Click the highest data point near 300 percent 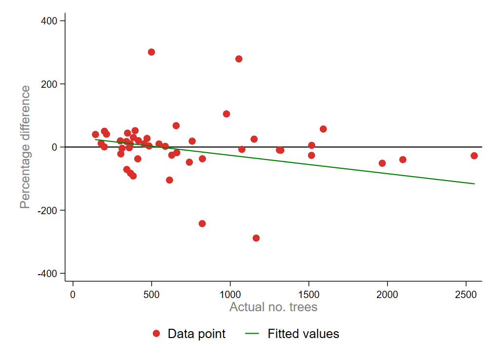coord(151,52)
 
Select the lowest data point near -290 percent coord(256,238)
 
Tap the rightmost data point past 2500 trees coord(474,156)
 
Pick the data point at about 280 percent coord(239,59)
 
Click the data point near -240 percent coord(202,223)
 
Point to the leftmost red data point coord(95,135)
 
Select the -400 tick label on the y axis coord(49,274)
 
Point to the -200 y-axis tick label coord(49,210)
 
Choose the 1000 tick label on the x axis coord(230,296)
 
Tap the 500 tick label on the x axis coord(151,296)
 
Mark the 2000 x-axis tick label coord(387,296)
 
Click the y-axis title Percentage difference coord(25,147)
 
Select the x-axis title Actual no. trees coord(273,307)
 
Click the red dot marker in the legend coord(156,334)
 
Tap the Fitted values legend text coord(303,334)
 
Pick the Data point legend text coord(196,334)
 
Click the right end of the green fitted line coord(474,183)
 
